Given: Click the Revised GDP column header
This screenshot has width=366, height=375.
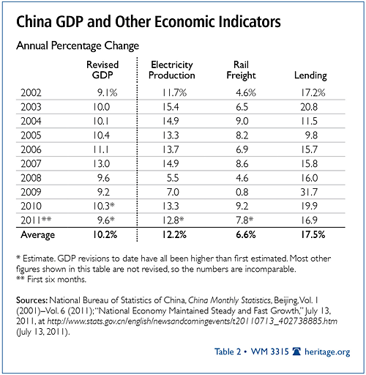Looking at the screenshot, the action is click(102, 70).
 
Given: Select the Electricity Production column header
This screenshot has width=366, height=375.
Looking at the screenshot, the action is click(172, 70).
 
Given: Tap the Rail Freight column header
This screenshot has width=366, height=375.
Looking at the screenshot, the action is click(241, 70).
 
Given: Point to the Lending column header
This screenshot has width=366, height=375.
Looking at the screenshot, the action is click(310, 75).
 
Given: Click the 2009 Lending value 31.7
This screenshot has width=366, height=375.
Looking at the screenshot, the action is click(309, 192).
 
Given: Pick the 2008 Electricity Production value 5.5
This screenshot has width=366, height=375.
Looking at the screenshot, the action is click(173, 178).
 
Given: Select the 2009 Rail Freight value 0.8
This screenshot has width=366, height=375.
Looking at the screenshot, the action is click(242, 192).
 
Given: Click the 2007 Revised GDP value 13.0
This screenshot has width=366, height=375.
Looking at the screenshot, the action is click(101, 163).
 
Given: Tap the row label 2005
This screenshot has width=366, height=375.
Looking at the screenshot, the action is click(31, 135).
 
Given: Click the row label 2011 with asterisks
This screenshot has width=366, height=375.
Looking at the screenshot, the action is click(36, 220).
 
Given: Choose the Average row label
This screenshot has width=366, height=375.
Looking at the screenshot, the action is click(38, 235).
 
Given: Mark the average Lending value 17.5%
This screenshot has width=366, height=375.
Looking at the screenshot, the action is click(313, 234).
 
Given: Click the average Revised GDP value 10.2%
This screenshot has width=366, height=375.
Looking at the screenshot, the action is click(105, 234).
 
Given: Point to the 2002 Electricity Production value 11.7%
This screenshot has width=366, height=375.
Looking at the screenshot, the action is click(174, 93).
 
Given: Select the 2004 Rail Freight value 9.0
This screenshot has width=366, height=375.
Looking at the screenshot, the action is click(242, 121).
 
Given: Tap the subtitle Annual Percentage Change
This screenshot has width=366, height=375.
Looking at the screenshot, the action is click(78, 46).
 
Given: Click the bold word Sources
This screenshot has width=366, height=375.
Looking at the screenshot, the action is click(31, 300).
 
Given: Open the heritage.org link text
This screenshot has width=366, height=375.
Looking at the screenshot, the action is click(327, 352).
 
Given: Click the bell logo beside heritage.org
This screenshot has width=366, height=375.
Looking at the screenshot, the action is click(296, 352).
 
